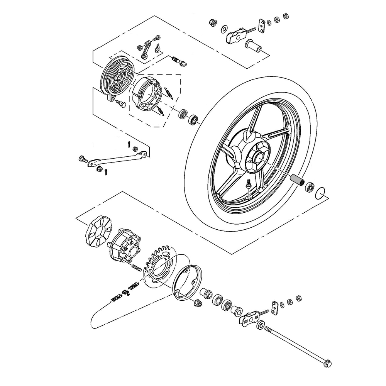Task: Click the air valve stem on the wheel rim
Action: [249, 185]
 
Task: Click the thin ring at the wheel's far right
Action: [322, 192]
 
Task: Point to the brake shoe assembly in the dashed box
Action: [146, 93]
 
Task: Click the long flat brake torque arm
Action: [116, 158]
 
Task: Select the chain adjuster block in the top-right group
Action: [235, 36]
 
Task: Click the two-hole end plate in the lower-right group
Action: [274, 307]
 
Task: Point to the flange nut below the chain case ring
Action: [196, 303]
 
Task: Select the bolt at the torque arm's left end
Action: [82, 159]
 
